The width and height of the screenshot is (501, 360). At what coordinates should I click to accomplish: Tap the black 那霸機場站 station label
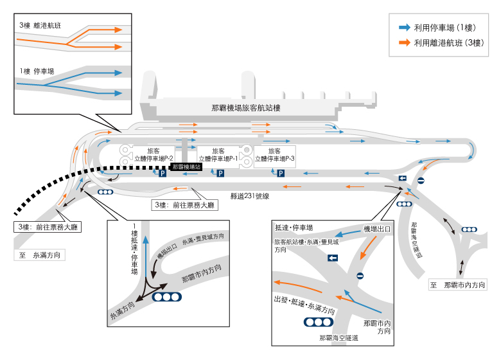(x=186, y=166)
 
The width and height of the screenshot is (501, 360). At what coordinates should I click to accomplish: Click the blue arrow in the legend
(x=404, y=28)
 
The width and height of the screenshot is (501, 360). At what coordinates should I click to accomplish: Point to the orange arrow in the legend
(x=404, y=43)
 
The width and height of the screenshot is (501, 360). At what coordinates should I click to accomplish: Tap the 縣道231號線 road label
(x=249, y=195)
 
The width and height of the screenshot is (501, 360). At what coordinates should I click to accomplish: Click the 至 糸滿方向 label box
(x=40, y=255)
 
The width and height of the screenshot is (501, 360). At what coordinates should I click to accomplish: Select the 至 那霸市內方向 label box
(x=457, y=284)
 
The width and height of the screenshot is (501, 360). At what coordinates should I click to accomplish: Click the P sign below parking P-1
(x=220, y=173)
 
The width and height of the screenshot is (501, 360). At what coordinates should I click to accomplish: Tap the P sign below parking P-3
(x=281, y=173)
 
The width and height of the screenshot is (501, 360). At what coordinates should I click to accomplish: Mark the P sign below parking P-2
(x=163, y=173)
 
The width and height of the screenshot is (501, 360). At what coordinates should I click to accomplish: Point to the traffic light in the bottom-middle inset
(x=167, y=297)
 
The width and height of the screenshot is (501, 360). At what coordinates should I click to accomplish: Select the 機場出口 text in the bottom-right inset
(x=377, y=228)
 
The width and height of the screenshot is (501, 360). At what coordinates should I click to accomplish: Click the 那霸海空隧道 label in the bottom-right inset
(x=338, y=337)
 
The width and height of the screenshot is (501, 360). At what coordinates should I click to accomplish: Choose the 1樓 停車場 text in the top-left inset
(x=37, y=71)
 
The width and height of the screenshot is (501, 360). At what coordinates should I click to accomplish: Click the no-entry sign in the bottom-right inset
(x=360, y=276)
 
